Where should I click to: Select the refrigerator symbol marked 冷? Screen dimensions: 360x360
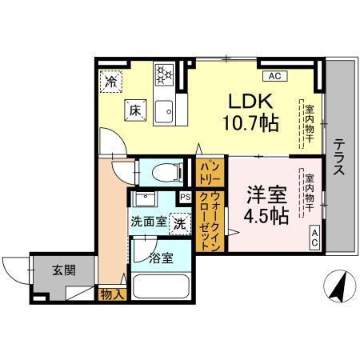(112, 81)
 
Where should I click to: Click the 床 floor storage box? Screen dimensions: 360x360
(134, 112)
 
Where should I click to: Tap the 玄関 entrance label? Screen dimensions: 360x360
(64, 270)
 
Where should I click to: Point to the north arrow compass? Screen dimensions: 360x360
(340, 285)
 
